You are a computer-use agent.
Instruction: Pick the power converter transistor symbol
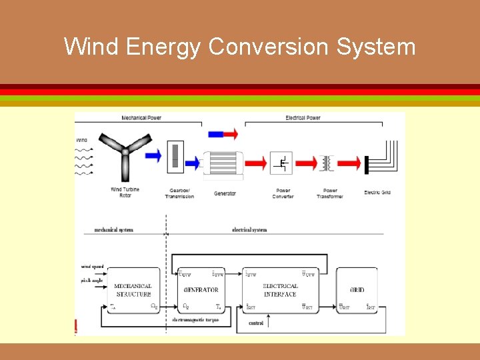(x=283, y=162)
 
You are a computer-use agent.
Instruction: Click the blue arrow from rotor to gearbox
(x=153, y=155)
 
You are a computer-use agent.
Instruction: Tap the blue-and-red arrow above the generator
(x=221, y=134)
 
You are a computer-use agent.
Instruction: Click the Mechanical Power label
(x=141, y=118)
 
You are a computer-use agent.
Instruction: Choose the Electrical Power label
(x=303, y=118)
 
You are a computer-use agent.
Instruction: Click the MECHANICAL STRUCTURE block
(x=133, y=290)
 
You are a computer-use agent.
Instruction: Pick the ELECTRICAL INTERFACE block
(x=280, y=290)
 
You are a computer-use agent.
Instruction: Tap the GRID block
(x=357, y=290)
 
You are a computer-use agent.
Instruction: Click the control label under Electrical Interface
(x=255, y=323)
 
